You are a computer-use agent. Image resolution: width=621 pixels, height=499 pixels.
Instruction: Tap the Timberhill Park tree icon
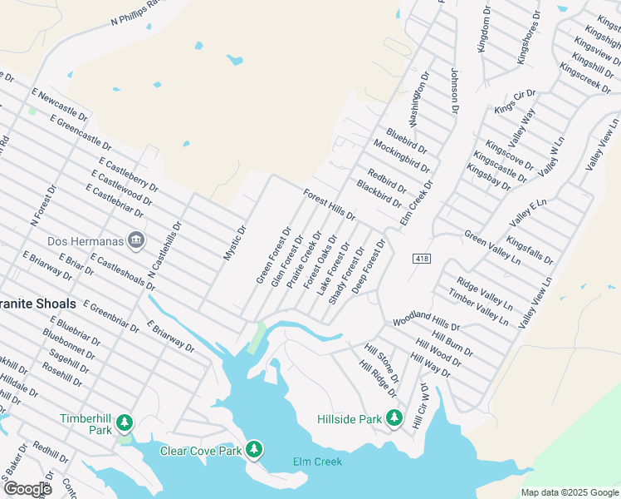coord(125,423)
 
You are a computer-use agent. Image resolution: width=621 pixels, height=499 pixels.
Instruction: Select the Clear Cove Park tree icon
coord(254,451)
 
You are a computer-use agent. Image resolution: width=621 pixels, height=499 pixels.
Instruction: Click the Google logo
coord(27,488)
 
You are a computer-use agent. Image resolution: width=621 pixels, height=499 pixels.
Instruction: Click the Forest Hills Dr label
coord(330,205)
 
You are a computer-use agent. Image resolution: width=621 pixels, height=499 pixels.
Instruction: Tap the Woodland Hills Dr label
coord(426,322)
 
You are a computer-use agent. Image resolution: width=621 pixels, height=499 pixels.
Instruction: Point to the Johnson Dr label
coord(454,90)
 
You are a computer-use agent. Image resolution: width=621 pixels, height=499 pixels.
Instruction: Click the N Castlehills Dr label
coord(164,250)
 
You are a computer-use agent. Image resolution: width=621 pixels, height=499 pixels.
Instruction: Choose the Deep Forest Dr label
coord(368,267)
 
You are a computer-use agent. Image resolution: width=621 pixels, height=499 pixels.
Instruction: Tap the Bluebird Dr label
coord(407,141)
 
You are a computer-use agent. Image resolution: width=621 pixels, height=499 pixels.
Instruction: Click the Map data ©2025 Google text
coord(570,492)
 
